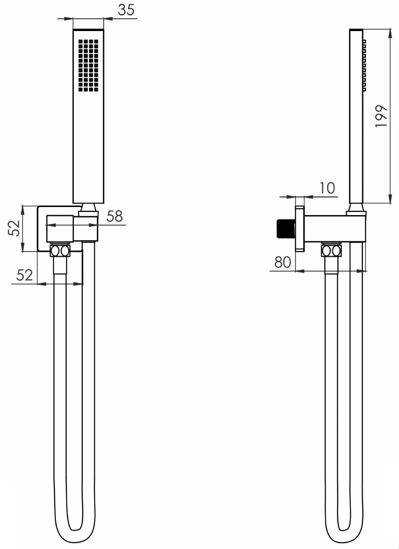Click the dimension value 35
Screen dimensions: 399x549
126,10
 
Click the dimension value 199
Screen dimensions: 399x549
381,116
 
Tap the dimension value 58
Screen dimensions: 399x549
114,216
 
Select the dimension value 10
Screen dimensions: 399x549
327,188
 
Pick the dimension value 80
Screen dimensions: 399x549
282,262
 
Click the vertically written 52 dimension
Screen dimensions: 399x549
14,228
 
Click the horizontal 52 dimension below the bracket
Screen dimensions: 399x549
24,275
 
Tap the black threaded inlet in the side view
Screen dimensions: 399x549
286,229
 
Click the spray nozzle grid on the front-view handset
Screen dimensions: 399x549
88,65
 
